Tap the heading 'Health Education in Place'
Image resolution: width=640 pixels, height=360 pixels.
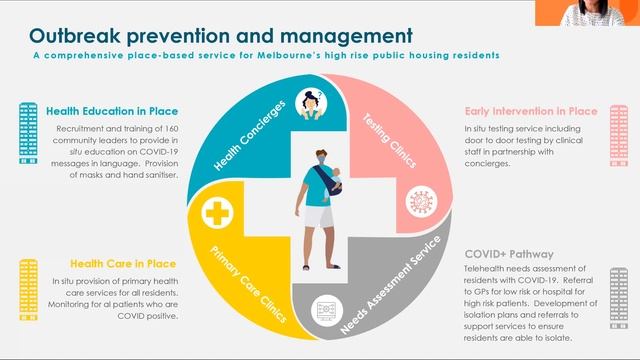tap(111, 111)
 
